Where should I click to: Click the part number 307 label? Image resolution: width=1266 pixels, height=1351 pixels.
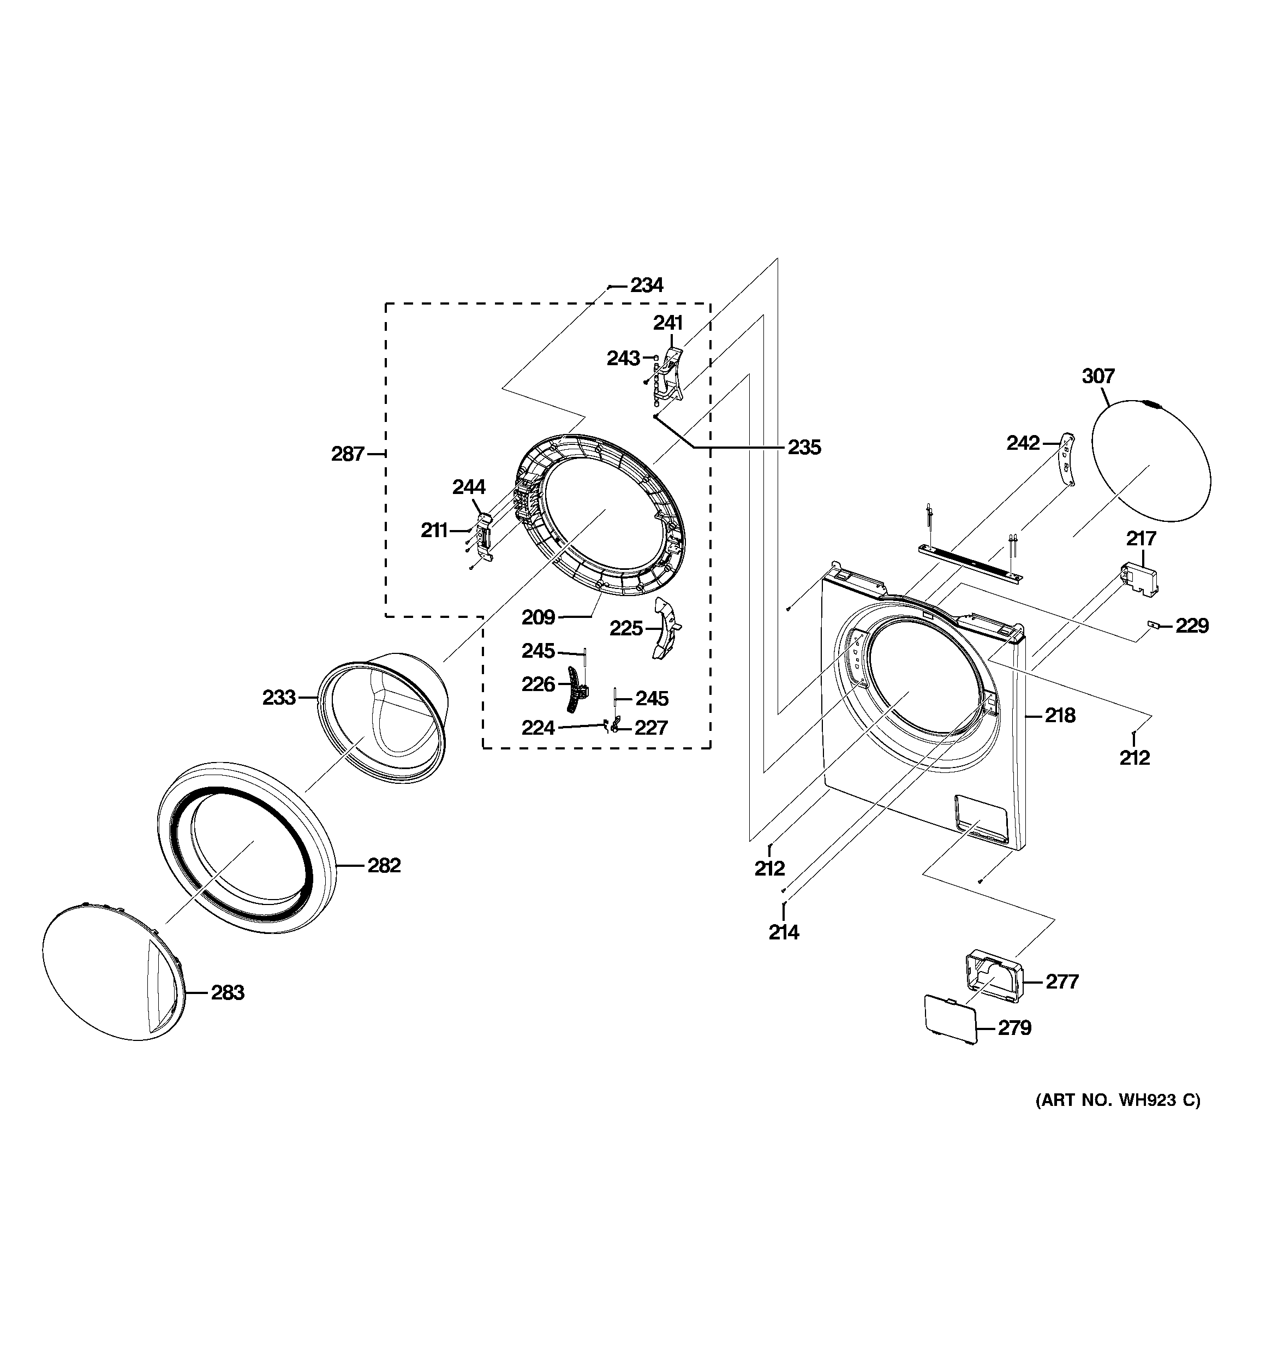1098,376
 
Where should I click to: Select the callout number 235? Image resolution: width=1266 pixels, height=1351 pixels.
804,448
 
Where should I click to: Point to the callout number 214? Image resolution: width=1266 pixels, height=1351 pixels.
784,933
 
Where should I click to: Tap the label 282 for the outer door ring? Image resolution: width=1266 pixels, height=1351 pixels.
384,866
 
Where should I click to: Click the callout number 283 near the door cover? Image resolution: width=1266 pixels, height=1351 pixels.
227,993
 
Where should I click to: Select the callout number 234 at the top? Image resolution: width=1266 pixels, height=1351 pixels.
646,285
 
